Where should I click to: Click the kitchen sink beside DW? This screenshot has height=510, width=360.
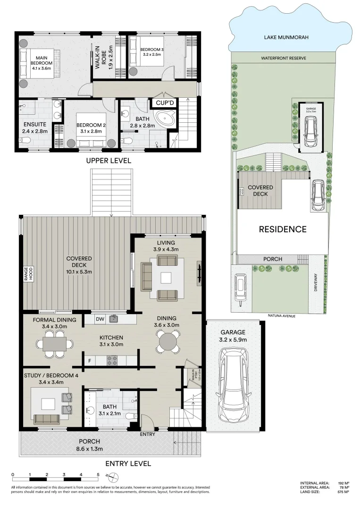(x=113, y=319)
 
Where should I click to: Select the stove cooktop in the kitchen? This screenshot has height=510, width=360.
(x=113, y=361)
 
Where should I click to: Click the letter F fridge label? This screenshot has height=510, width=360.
(x=89, y=361)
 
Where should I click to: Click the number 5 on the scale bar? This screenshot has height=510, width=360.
(x=98, y=474)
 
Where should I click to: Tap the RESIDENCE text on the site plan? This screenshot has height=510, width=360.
(x=283, y=229)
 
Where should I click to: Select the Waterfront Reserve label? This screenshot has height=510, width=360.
(x=284, y=58)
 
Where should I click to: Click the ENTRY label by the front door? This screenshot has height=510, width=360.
(x=148, y=434)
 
